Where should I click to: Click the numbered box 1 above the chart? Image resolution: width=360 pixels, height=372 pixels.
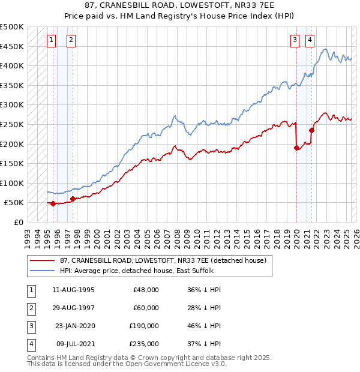(x=52, y=40)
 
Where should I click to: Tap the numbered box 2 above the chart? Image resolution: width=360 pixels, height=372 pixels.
(x=71, y=40)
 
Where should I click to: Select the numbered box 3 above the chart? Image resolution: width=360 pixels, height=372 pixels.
(x=295, y=40)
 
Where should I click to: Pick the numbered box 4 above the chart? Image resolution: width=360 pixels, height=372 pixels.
(x=310, y=40)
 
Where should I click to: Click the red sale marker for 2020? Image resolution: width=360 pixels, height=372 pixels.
(x=296, y=148)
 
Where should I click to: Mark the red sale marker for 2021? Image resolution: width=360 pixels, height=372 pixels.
(x=311, y=130)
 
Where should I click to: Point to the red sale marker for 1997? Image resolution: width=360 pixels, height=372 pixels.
(x=73, y=199)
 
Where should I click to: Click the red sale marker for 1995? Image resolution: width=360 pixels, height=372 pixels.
(x=53, y=203)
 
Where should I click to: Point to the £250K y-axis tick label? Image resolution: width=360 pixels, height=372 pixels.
(x=12, y=124)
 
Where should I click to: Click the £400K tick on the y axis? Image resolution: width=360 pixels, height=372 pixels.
(x=12, y=65)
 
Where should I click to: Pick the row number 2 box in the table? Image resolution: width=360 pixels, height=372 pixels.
(x=31, y=308)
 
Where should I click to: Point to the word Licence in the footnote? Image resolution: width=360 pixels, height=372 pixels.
(x=197, y=364)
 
